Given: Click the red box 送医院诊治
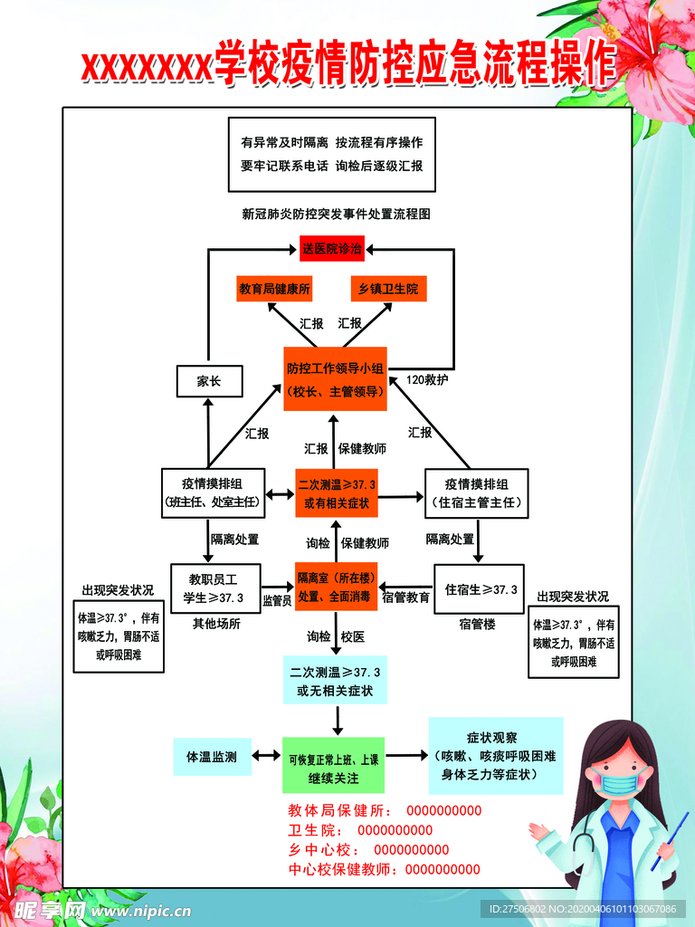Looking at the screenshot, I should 332,248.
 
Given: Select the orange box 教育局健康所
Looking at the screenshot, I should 274,289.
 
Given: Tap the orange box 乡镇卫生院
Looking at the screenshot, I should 388,289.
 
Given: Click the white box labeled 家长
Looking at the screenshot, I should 209,381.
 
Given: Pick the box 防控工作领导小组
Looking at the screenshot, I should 335,379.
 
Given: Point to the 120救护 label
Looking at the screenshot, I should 427,379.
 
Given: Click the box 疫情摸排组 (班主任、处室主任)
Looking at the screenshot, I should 210,492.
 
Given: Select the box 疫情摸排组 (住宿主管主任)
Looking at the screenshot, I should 476,492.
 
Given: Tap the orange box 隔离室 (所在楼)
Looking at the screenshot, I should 336,587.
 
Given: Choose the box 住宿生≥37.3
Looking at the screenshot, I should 480,589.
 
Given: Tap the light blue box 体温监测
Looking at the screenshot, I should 211,757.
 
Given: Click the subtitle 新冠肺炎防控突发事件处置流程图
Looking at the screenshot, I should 335,215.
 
